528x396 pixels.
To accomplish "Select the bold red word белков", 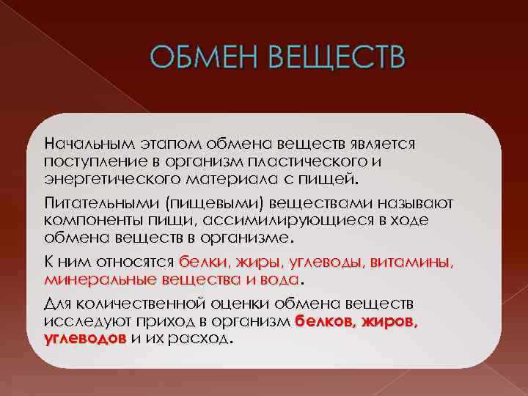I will click(x=323, y=321).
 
